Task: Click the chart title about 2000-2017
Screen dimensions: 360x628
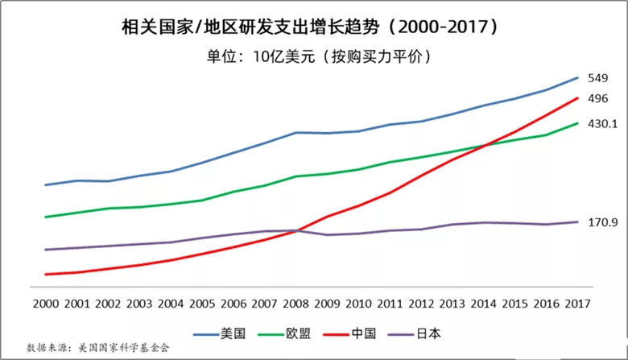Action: click(x=314, y=27)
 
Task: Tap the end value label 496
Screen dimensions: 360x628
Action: click(x=597, y=98)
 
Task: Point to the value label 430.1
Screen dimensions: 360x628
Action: click(x=602, y=124)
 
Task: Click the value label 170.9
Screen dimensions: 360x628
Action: click(x=602, y=221)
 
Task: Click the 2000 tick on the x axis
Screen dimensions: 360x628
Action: click(x=45, y=304)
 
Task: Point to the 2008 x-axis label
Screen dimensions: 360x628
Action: click(x=296, y=304)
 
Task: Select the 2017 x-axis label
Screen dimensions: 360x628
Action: click(x=577, y=304)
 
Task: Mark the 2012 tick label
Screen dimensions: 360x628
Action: click(x=421, y=304)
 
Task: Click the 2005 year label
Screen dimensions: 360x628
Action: click(x=202, y=304)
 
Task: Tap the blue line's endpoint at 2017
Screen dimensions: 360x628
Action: click(x=577, y=78)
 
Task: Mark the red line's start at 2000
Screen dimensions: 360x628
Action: click(x=46, y=274)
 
